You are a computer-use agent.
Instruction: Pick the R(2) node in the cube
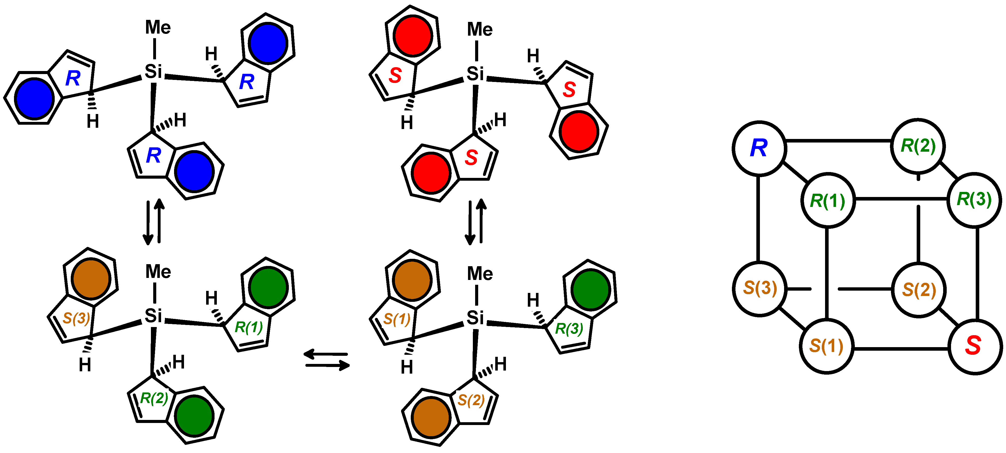918,146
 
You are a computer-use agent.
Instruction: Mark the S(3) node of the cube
760,288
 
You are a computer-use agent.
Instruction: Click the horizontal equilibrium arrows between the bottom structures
327,360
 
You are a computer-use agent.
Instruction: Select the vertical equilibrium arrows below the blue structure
153,222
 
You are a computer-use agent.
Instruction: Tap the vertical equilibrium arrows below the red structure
476,222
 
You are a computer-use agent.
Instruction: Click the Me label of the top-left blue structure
158,27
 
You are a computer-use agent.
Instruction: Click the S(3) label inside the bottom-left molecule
77,318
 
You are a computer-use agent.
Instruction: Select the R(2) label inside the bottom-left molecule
154,398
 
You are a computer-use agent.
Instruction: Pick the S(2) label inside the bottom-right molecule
471,400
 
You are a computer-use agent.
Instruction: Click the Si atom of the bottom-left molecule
153,316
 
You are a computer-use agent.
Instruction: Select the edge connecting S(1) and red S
901,348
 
